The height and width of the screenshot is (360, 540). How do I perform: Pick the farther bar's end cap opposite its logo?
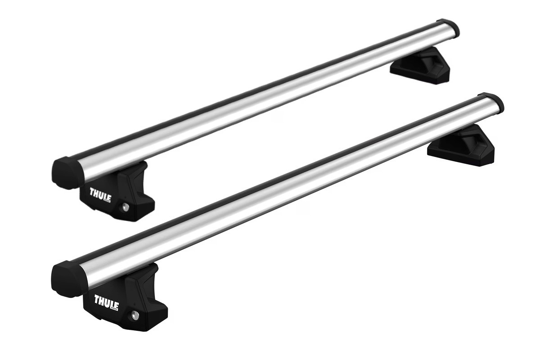click(x=449, y=28)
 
